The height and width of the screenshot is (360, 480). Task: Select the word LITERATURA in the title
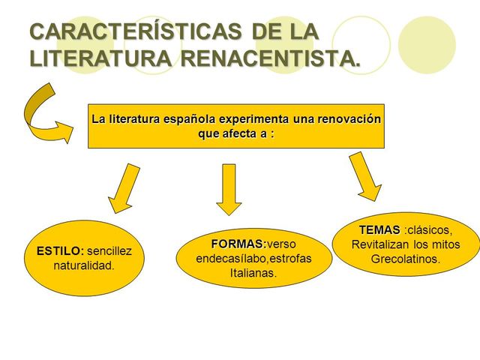pos(97,58)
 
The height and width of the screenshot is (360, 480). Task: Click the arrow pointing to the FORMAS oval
pos(229,189)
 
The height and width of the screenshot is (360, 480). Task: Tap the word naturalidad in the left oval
pos(84,265)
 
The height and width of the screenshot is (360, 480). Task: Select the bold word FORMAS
pos(238,244)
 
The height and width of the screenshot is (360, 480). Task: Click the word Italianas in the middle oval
pos(253,273)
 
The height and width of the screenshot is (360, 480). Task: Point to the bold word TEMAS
pos(379,229)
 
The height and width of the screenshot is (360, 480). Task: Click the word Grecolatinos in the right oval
pos(406,259)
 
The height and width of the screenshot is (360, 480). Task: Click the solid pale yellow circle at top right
pos(427,45)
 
